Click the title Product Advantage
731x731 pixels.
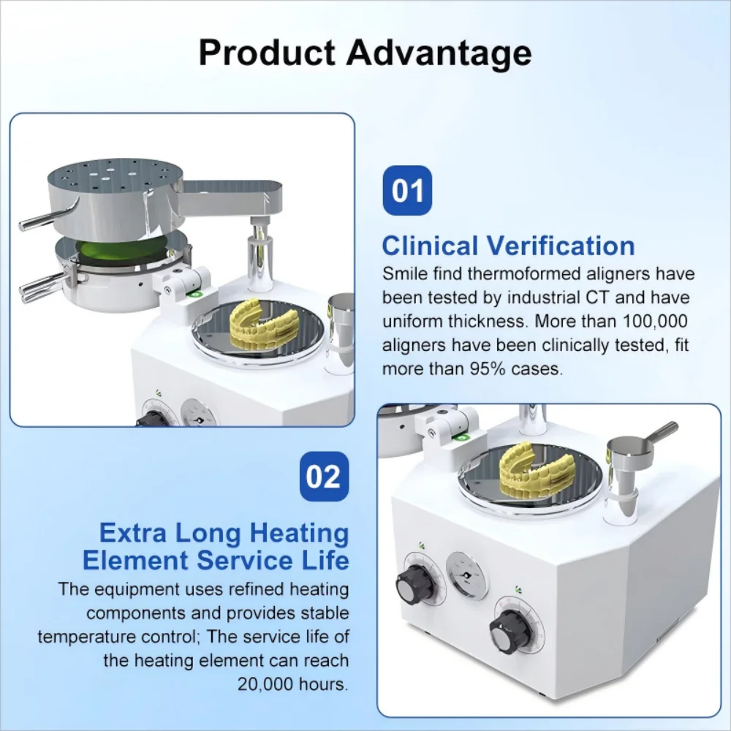click(x=365, y=53)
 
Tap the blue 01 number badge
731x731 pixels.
click(x=407, y=191)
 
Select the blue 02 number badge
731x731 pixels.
click(x=324, y=477)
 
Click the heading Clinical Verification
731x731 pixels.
click(x=508, y=246)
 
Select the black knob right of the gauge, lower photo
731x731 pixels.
click(x=509, y=628)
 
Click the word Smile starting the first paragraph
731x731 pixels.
click(x=406, y=274)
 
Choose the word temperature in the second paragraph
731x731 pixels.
click(x=81, y=637)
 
